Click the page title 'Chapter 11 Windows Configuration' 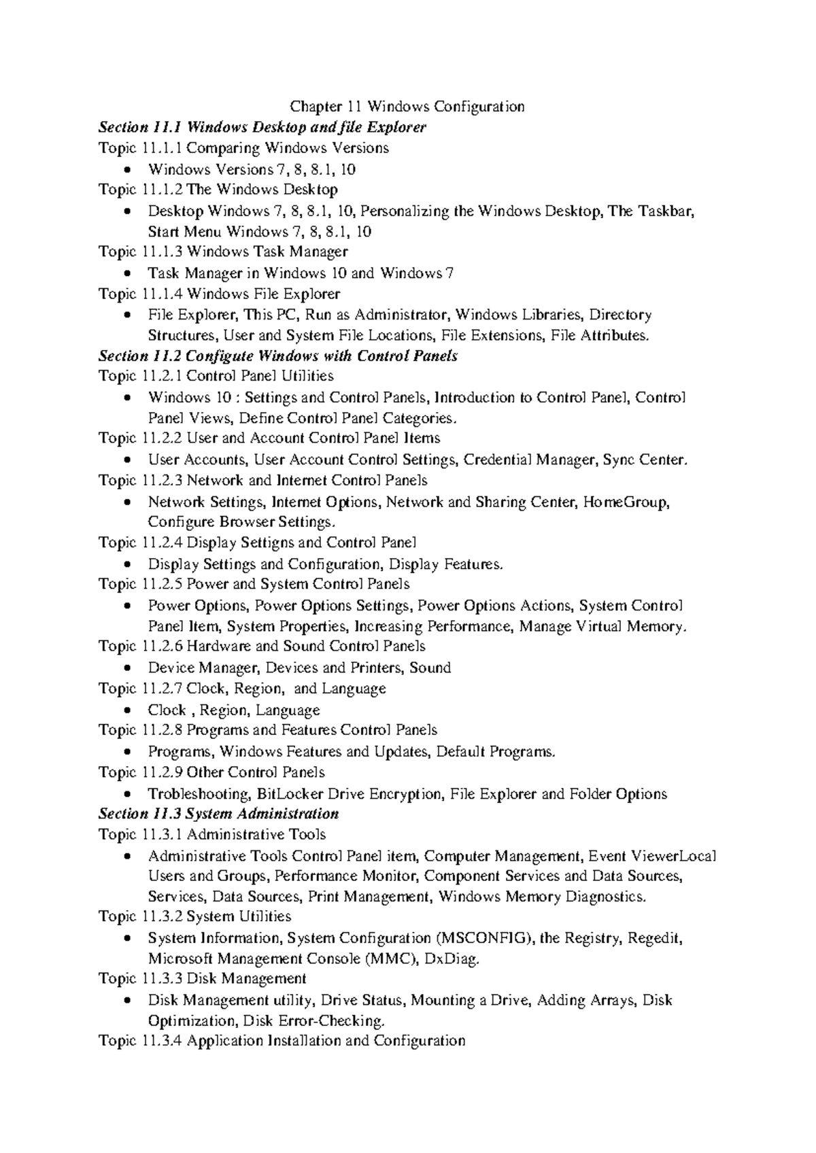[407, 107]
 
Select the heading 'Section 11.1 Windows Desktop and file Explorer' [262, 127]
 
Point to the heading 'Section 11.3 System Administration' [218, 814]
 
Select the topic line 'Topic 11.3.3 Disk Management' [202, 979]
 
